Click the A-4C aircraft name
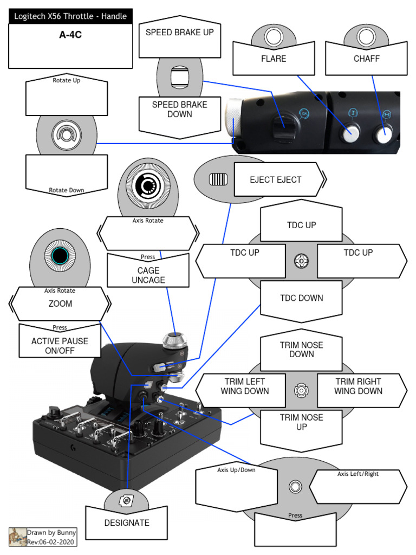[70, 35]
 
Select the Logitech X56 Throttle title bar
[70, 16]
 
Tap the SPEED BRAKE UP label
[179, 33]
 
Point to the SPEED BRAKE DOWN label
[179, 109]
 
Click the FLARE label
[274, 59]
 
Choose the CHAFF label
[366, 59]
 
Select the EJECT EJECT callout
[275, 180]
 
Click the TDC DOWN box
[301, 298]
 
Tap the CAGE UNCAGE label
[148, 275]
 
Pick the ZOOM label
[60, 304]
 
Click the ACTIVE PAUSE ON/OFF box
[60, 346]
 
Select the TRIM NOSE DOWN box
[301, 350]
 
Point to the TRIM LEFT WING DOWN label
[245, 386]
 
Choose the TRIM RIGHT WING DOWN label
[357, 386]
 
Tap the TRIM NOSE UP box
[301, 422]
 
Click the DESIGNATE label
[126, 523]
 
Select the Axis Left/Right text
[358, 474]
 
